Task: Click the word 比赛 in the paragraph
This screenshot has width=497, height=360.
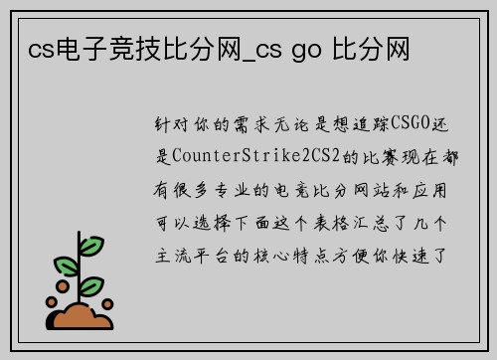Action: (359, 157)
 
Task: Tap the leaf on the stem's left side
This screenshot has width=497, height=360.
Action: (66, 267)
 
